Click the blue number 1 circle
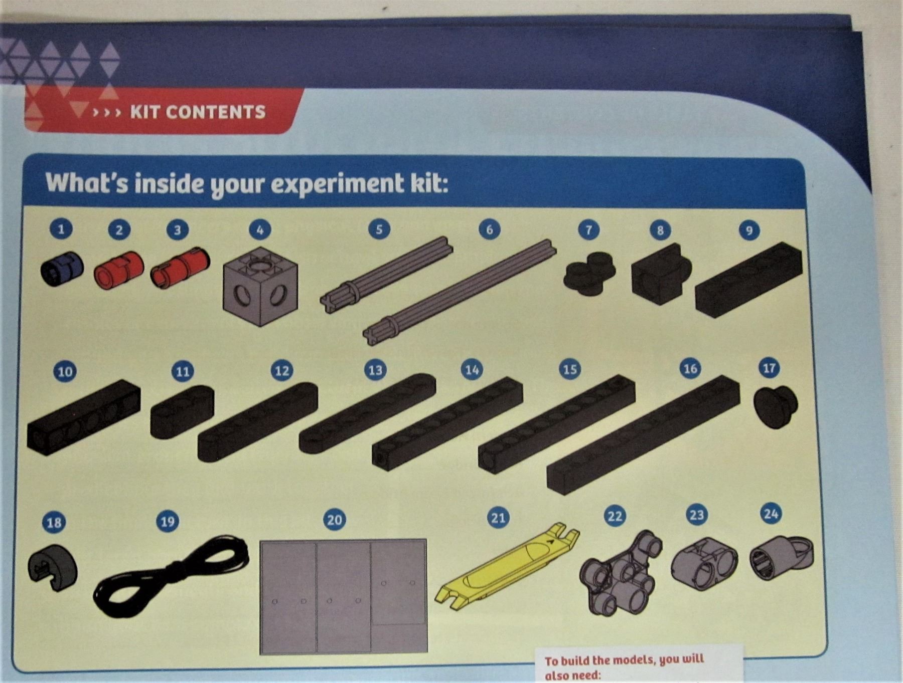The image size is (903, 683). [x=61, y=230]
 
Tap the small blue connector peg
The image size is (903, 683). [x=61, y=269]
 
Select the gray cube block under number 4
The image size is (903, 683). [x=260, y=279]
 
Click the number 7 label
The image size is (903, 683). [x=588, y=230]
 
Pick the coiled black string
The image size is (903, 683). [x=171, y=574]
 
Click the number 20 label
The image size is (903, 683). [x=335, y=520]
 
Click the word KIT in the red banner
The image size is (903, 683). [x=147, y=112]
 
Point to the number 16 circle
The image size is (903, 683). [x=690, y=369]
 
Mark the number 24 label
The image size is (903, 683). [x=771, y=514]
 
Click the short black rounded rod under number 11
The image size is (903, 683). [x=182, y=411]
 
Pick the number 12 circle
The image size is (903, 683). [x=282, y=370]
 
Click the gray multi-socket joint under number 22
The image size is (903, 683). [x=621, y=573]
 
